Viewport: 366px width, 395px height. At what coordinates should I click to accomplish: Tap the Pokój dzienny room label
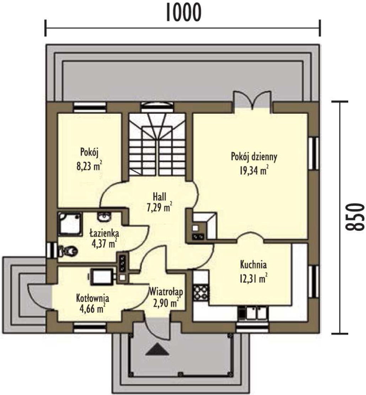click(254, 157)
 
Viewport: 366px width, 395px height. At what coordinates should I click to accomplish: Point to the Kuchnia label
click(253, 265)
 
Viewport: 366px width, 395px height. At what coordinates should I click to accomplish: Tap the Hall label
click(160, 197)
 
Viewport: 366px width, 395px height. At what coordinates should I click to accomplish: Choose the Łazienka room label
click(104, 233)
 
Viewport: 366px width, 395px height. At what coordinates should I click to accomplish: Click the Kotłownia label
click(92, 298)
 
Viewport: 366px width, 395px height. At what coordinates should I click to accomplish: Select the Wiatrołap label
click(166, 292)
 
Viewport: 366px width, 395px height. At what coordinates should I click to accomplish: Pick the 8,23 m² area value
click(89, 166)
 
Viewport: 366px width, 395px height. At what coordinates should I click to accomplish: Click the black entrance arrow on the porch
click(157, 349)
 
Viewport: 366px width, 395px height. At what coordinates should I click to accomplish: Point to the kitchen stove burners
click(201, 293)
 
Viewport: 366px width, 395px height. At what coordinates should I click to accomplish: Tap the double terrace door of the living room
click(252, 100)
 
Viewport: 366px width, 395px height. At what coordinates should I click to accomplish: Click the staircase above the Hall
click(157, 145)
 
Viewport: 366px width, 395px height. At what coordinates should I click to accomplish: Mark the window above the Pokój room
click(90, 107)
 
